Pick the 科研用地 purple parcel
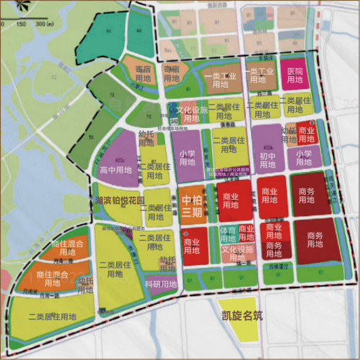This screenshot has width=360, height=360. [x=160, y=284]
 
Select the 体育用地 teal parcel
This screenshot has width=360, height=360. [x=228, y=235]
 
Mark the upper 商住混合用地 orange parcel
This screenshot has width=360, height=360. [x=66, y=248]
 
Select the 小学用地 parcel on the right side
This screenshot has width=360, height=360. [x=303, y=158]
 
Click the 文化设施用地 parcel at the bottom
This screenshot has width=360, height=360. [x=238, y=253]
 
